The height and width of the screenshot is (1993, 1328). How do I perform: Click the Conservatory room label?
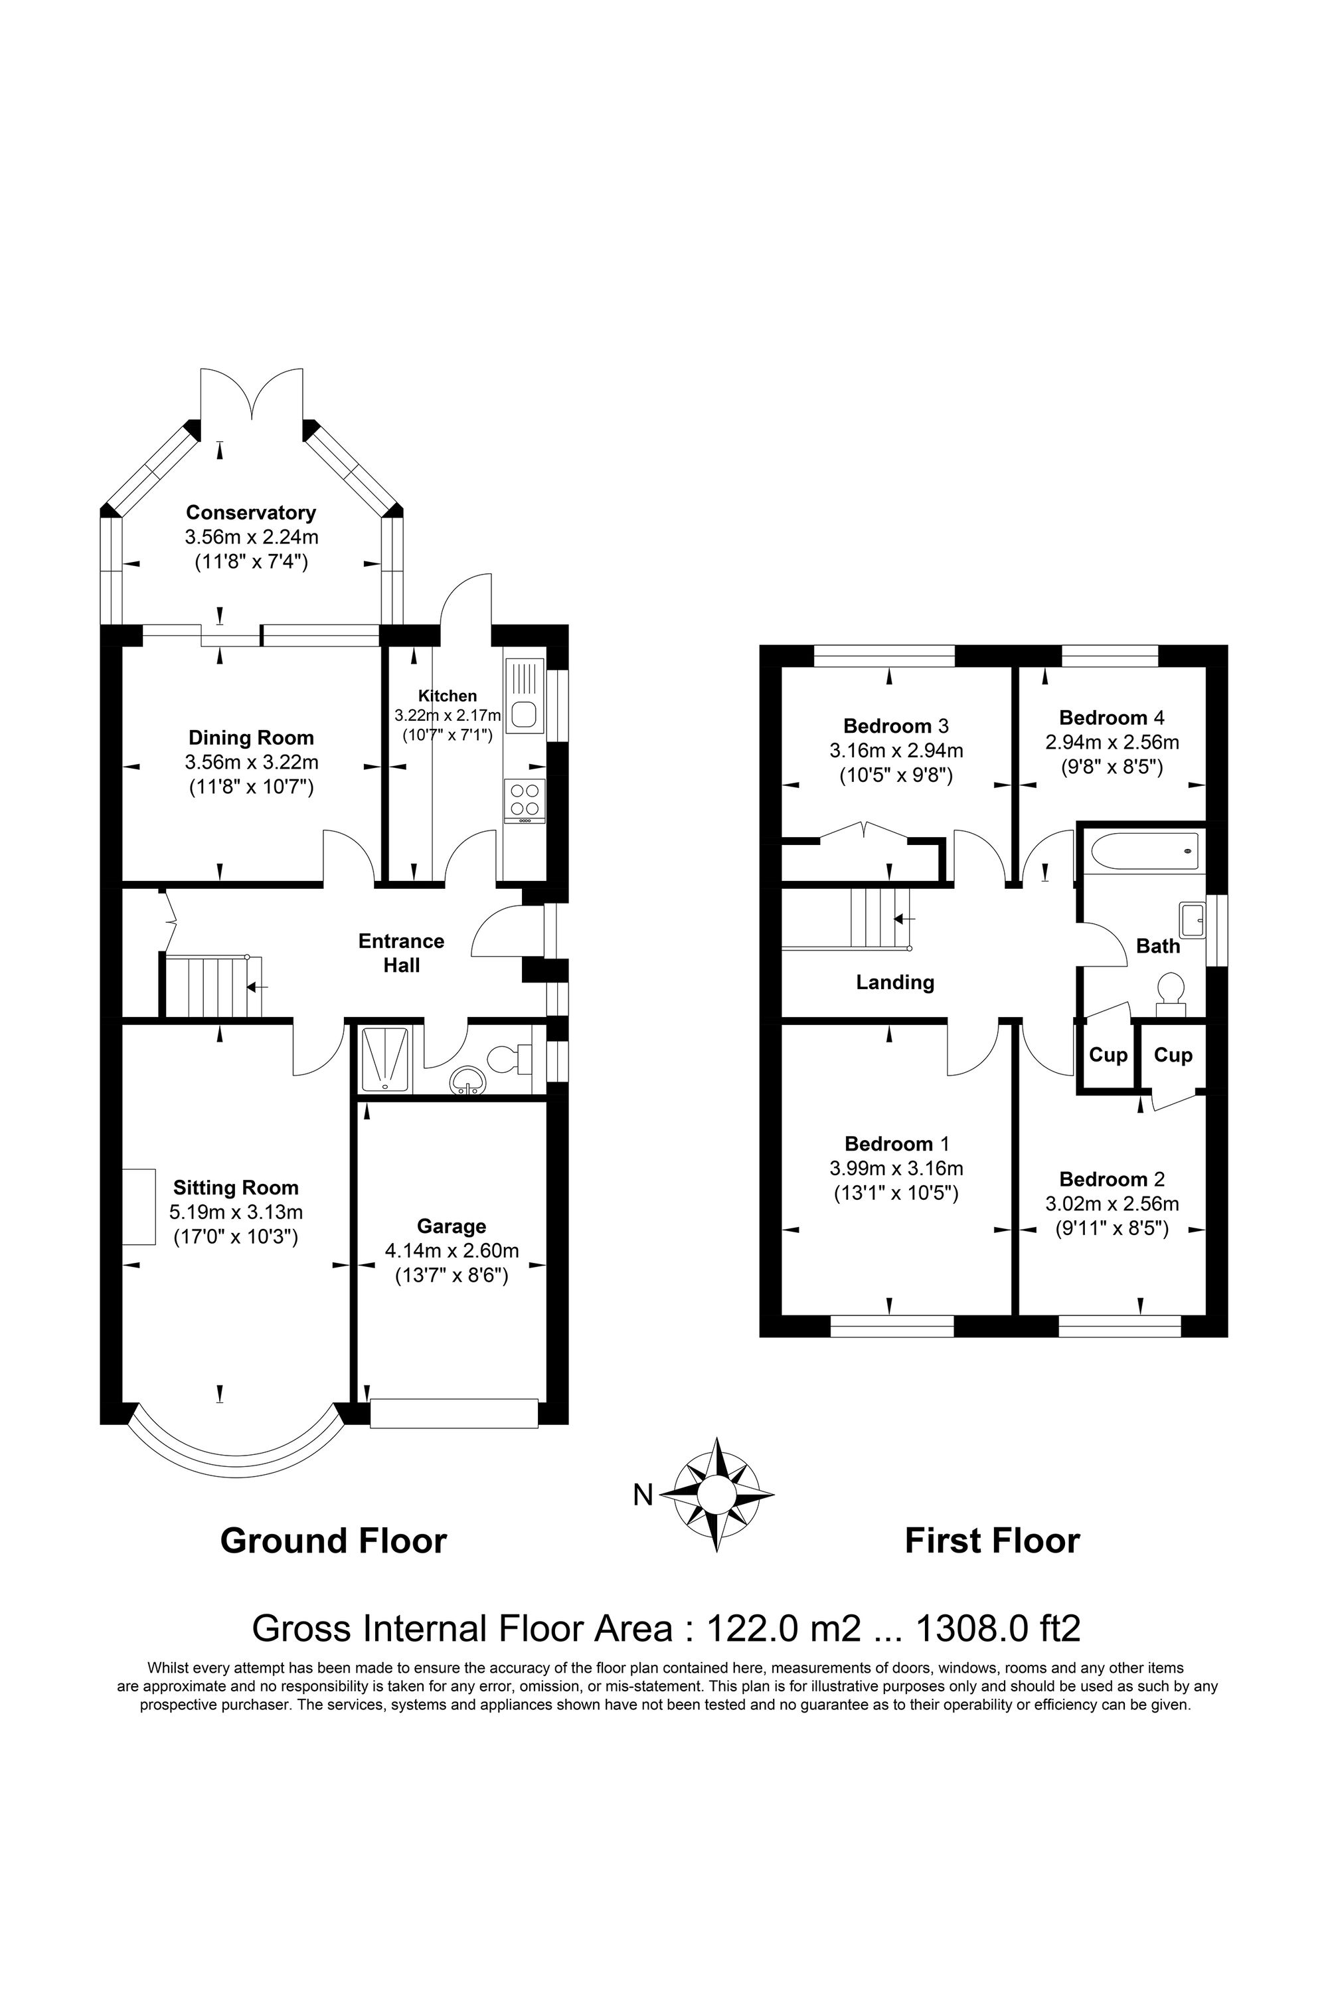coord(251,513)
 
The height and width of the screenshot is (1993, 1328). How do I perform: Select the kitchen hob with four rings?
coord(525,799)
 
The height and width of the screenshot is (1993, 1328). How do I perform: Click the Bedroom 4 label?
coord(1111,717)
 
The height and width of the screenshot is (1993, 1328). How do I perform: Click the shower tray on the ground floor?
coord(385,1059)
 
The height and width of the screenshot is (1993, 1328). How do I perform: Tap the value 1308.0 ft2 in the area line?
coord(999,1629)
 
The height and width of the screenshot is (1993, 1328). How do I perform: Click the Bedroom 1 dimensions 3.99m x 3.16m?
coord(895,1169)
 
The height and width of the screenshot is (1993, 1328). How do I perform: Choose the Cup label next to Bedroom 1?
coord(1108,1055)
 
